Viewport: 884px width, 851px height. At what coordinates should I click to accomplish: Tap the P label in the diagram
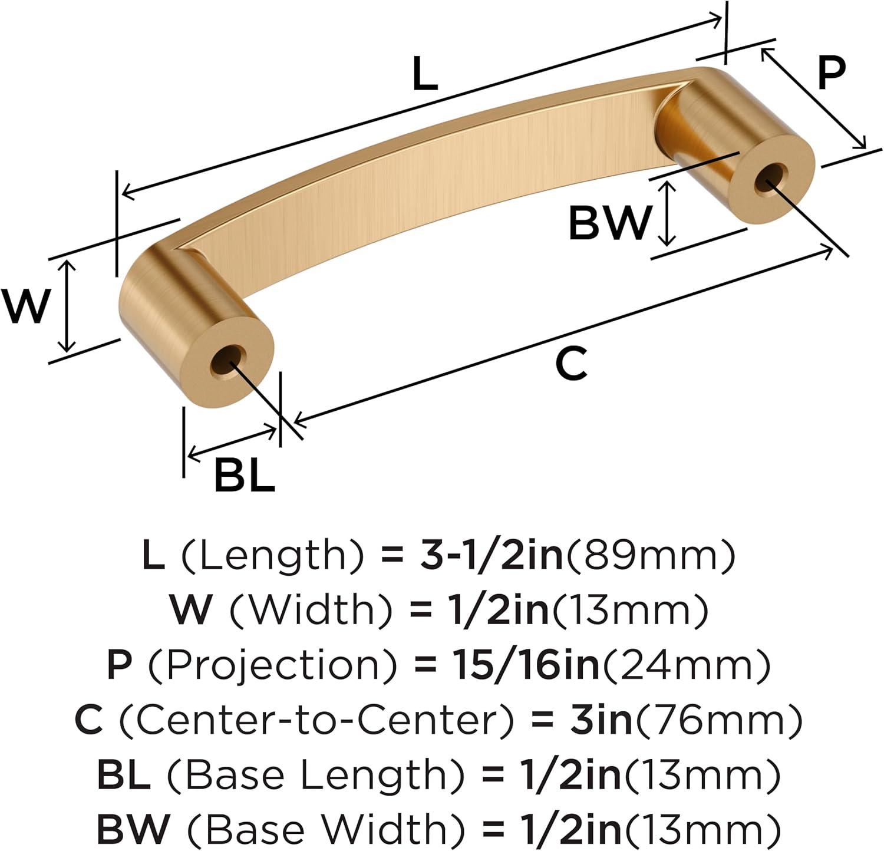(x=832, y=73)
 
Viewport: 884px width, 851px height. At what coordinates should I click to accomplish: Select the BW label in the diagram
(x=611, y=222)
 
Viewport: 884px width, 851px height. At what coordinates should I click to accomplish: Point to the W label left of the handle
(x=24, y=306)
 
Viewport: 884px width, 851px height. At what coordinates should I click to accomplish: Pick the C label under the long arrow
(x=572, y=364)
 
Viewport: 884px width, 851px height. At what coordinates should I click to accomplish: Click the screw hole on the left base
(x=228, y=362)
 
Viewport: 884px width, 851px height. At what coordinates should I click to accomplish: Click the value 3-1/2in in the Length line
(x=492, y=555)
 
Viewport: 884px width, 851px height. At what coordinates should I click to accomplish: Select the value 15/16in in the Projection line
(x=526, y=665)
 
